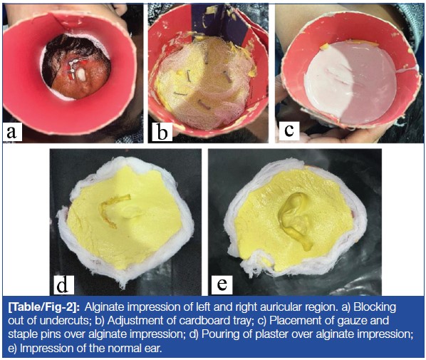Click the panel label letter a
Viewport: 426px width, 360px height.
[11, 132]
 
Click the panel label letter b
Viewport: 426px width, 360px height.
[162, 132]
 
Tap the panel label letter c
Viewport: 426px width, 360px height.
[289, 130]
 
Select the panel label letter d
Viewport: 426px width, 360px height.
[62, 284]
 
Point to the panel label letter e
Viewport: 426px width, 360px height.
[222, 284]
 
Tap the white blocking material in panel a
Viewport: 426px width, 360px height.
[81, 74]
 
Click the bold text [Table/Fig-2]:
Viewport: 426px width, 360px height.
[43, 307]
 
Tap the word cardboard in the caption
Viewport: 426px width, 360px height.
[208, 321]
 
